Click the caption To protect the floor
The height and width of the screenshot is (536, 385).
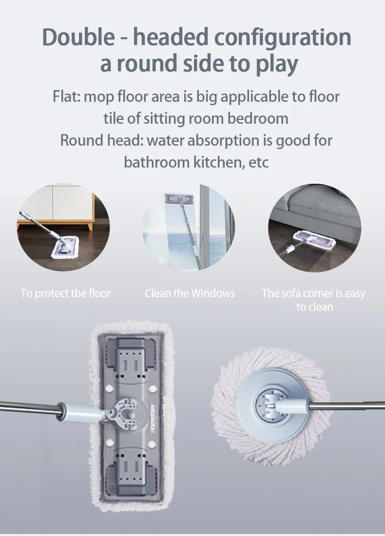point(66,293)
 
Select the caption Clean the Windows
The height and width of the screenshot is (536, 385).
point(190,293)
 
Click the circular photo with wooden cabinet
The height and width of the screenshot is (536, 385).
point(63,226)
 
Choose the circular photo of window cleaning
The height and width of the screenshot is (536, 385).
point(189,226)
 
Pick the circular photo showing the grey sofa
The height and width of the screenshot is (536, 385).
point(314,226)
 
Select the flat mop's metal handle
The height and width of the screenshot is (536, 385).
point(29,407)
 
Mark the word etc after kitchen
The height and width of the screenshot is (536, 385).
point(259,162)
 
